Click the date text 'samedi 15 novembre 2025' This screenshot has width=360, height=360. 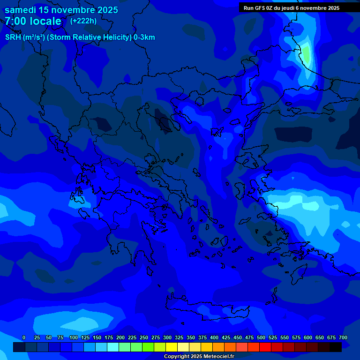point(61,10)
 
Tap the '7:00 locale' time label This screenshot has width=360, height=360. point(33,21)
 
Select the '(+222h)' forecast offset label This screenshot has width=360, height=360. point(83,21)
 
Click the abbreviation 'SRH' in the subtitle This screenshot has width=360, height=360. point(13,37)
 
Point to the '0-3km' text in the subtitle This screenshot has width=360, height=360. point(144,37)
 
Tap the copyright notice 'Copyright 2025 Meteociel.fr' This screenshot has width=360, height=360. point(199,356)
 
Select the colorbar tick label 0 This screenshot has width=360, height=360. point(24,338)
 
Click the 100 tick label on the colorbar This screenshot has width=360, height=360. point(74,338)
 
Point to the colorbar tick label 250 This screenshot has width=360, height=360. point(144,338)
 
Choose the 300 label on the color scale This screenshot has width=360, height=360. point(167,338)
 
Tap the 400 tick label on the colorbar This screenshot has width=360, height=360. point(214,338)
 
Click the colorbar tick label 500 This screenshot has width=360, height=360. point(261,338)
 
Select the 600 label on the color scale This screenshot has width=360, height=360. point(308,338)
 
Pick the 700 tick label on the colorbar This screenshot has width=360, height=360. point(343,338)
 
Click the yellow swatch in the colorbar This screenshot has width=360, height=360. point(172,347)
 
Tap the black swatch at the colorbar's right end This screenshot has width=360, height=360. point(336,347)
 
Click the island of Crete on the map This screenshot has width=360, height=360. point(206,309)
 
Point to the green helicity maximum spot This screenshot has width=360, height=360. point(306,54)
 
